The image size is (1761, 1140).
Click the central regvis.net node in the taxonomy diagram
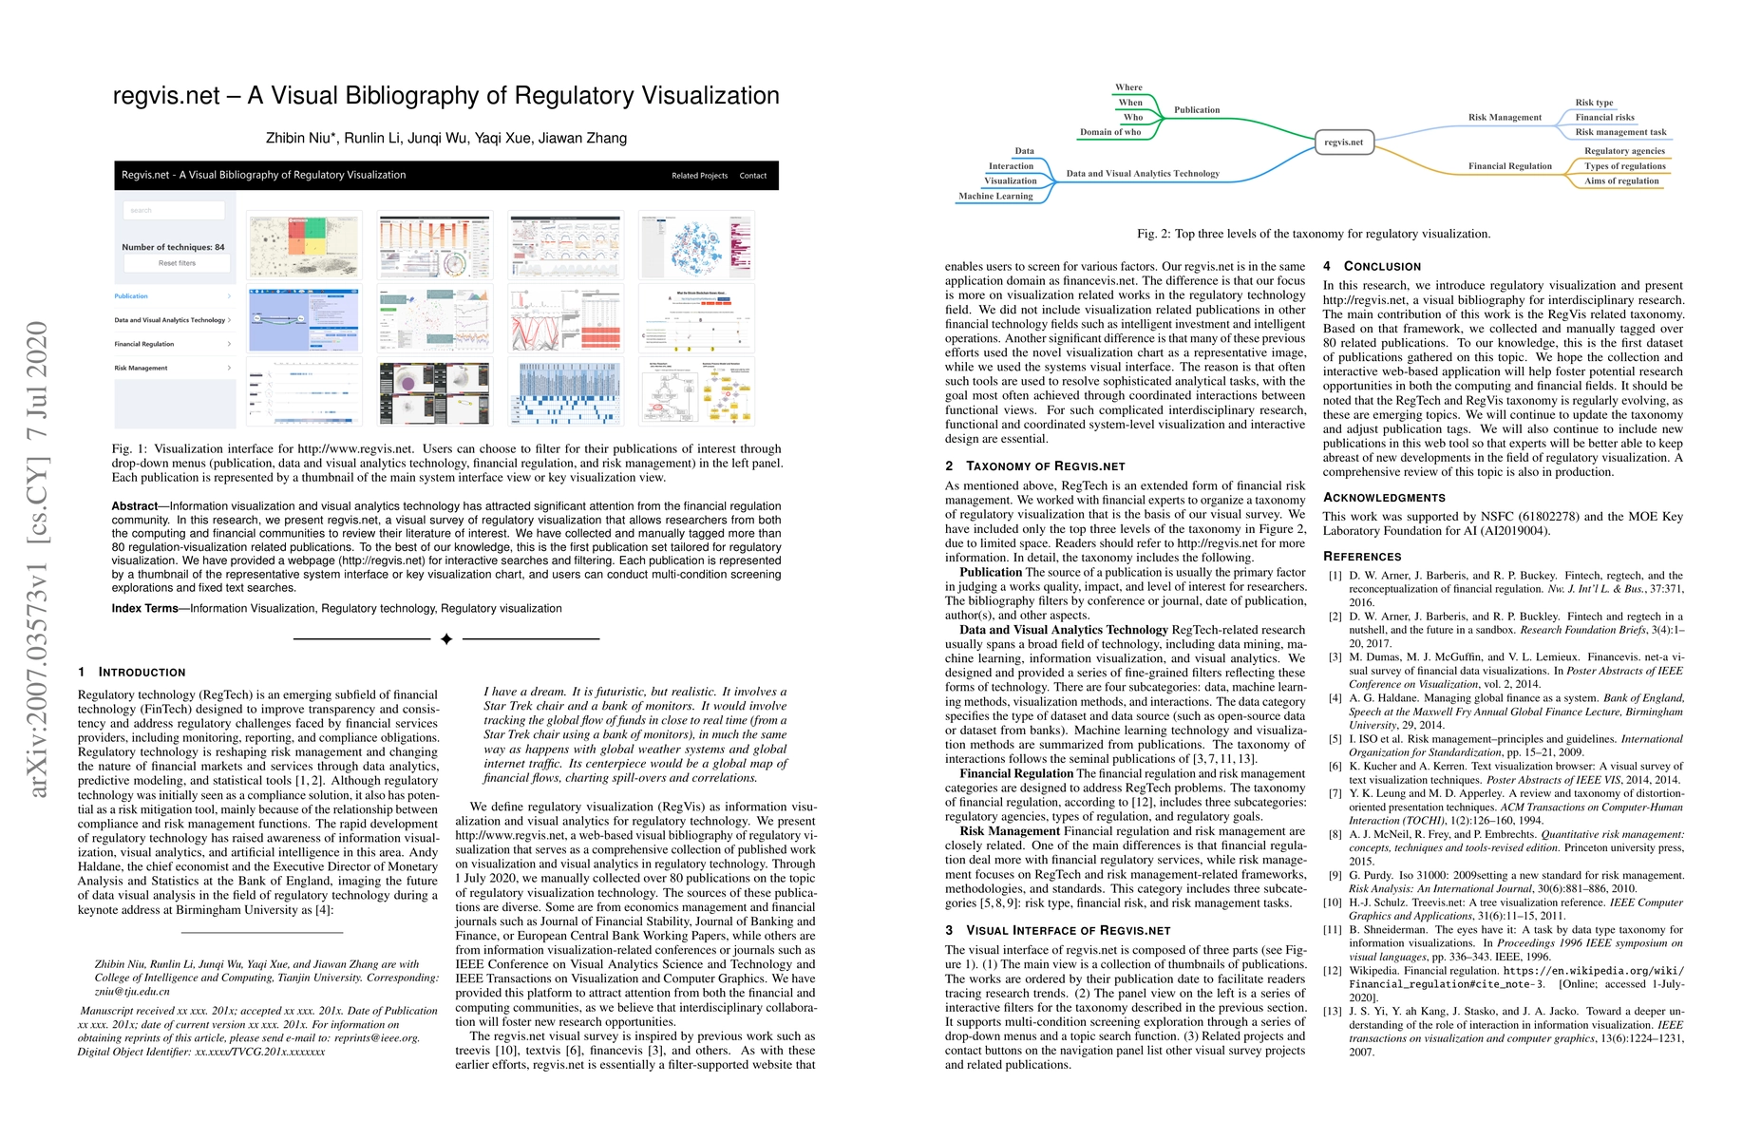point(1343,142)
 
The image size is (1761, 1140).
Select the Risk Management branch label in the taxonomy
point(1505,118)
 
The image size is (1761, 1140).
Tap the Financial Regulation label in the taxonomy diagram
point(1509,166)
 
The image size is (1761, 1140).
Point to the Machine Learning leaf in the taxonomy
point(995,197)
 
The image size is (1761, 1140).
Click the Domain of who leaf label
point(1110,132)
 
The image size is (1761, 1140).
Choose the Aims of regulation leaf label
point(1621,181)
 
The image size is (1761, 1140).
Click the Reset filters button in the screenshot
point(177,263)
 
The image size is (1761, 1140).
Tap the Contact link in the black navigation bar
point(752,176)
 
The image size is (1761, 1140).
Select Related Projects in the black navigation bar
point(699,176)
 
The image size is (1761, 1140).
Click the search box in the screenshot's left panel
point(175,210)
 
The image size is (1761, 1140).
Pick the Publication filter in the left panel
point(132,296)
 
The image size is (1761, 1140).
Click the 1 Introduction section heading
point(132,672)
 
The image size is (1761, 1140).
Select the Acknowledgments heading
point(1384,498)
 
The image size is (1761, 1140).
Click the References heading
point(1362,557)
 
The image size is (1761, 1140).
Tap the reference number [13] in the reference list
point(1335,1012)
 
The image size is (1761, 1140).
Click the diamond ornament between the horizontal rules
point(446,639)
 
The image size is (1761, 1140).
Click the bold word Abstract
point(135,506)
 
